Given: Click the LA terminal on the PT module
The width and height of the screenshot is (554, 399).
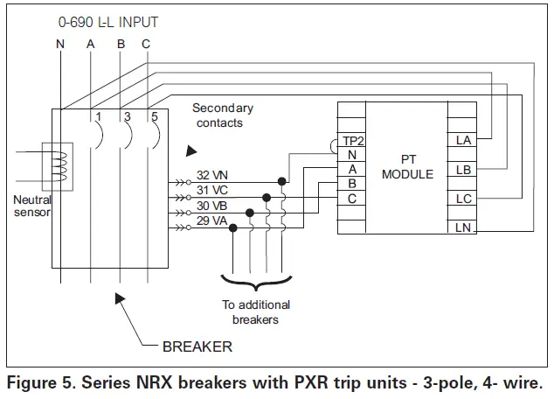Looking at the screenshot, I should pyautogui.click(x=462, y=139).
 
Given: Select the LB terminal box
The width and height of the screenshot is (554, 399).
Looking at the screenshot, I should pyautogui.click(x=462, y=168).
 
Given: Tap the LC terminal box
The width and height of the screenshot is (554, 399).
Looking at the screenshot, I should pyautogui.click(x=462, y=198).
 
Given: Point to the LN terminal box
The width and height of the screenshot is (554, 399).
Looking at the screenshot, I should pyautogui.click(x=462, y=227).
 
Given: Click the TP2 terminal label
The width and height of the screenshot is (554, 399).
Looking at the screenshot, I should pyautogui.click(x=353, y=140).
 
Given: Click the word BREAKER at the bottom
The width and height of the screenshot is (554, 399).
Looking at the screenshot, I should pyautogui.click(x=197, y=346).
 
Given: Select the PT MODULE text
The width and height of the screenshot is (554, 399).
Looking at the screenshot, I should pyautogui.click(x=407, y=167).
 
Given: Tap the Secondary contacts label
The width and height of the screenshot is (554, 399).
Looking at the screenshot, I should pyautogui.click(x=222, y=115).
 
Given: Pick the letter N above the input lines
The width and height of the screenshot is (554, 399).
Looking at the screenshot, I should pyautogui.click(x=59, y=44).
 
